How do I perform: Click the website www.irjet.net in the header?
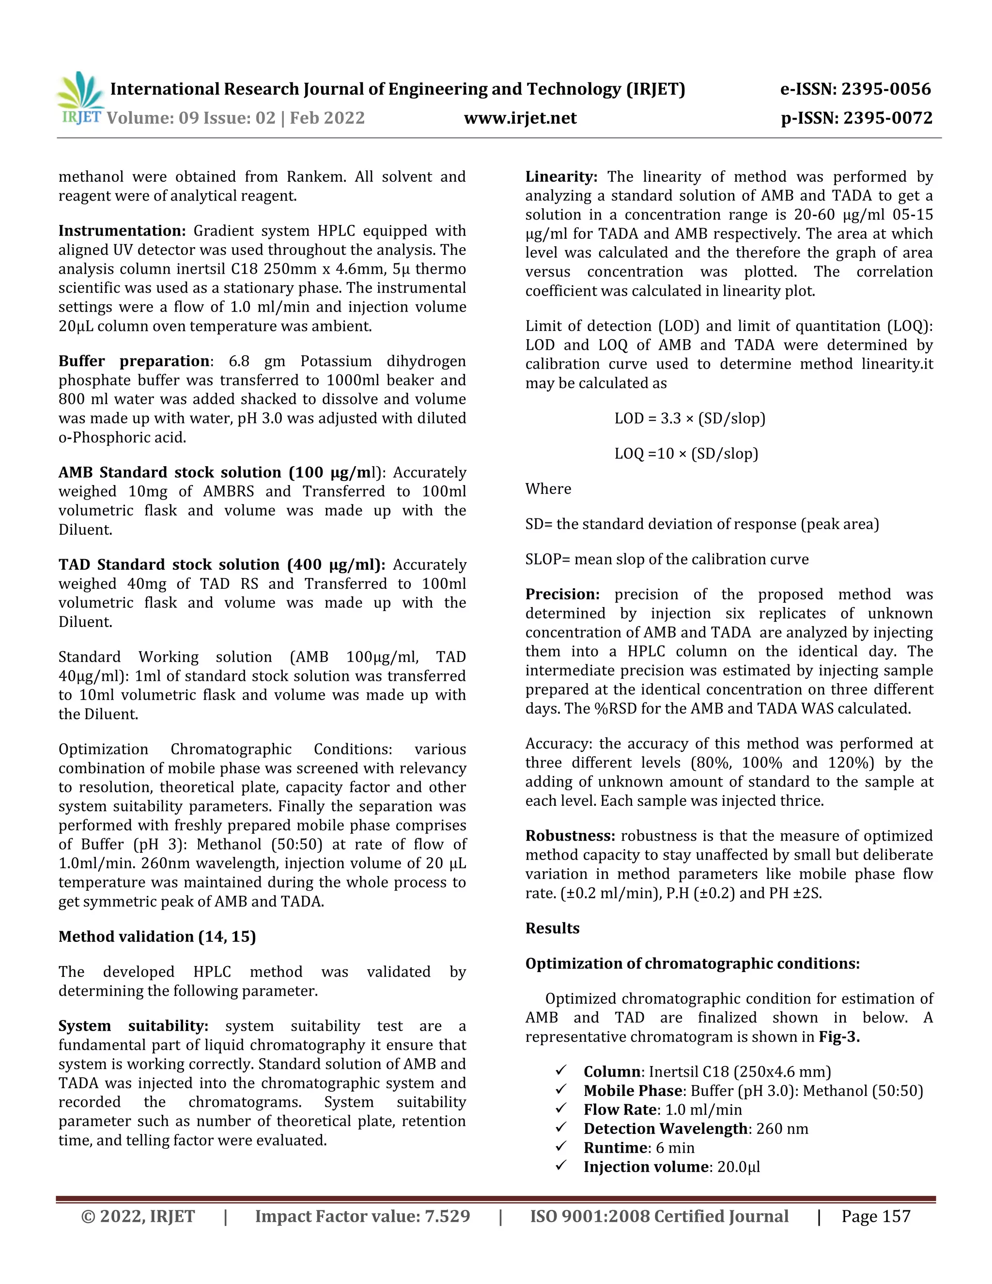tap(520, 118)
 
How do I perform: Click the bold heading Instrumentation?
tap(122, 231)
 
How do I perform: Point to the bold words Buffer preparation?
tap(133, 361)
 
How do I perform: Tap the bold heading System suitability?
tap(133, 1026)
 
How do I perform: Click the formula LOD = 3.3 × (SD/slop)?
tap(689, 419)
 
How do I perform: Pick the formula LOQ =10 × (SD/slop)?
tap(686, 454)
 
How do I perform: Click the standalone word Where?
tap(548, 489)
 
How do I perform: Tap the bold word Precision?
tap(562, 595)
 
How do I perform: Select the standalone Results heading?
tap(552, 928)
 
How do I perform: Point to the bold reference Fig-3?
tap(838, 1037)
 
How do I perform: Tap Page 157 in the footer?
tap(876, 1216)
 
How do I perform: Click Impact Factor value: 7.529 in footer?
tap(362, 1216)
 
